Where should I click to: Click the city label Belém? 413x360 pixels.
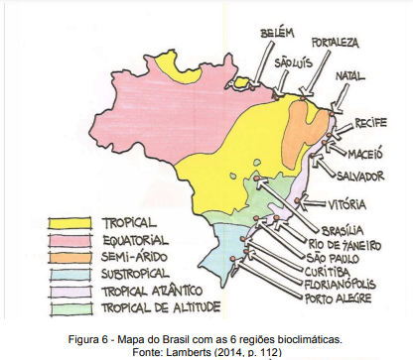tap(277, 34)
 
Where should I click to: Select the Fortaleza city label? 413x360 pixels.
tap(335, 44)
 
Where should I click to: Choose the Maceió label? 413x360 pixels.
tap(369, 154)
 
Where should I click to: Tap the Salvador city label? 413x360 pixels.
tap(360, 177)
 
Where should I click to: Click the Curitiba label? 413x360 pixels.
tap(330, 270)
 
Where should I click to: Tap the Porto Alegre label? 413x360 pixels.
tap(341, 296)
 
